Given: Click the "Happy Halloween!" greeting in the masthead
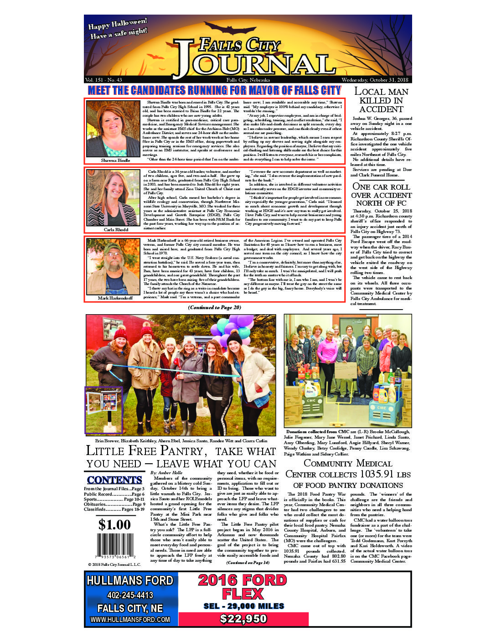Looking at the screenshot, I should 118,23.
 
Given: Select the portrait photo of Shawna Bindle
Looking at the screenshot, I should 113,129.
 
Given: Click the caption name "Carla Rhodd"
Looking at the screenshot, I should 116,230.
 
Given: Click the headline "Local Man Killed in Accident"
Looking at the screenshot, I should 381,100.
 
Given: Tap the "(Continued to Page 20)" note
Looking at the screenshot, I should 214,307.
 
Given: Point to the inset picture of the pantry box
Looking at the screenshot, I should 104,409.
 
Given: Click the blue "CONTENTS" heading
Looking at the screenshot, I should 114,480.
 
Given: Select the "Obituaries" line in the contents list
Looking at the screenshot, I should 114,504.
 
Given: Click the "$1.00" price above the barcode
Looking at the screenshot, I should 114,525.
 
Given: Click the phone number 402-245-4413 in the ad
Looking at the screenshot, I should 130,595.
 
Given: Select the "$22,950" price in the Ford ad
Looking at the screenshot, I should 243,619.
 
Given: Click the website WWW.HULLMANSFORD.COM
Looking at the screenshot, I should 130,620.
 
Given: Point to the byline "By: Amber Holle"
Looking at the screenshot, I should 166,473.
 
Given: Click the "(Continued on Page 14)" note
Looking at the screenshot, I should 248,562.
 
